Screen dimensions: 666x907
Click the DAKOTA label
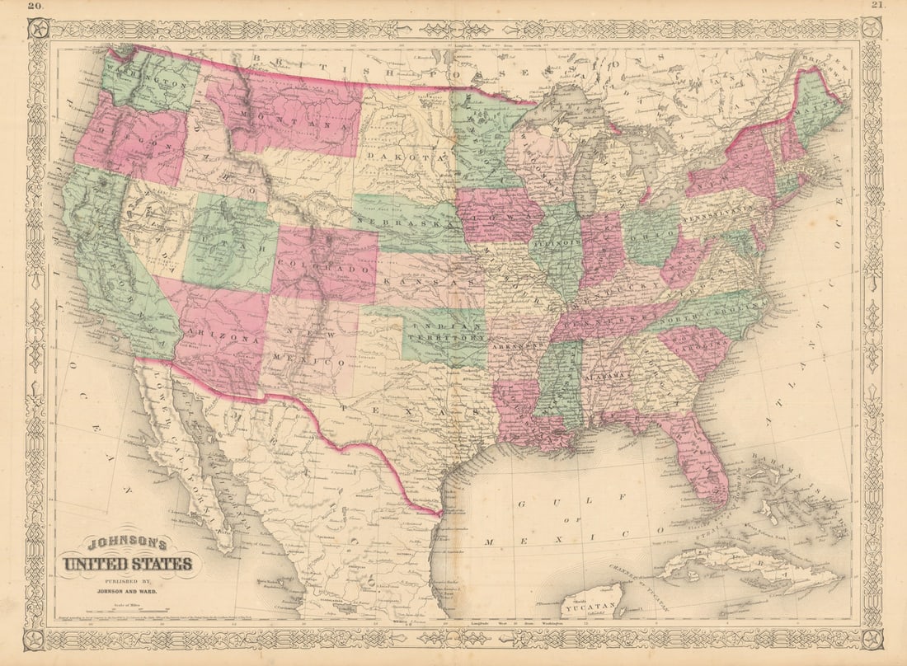pos(401,155)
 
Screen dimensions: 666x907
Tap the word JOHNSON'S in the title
pos(128,544)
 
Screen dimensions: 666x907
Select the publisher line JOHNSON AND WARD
pos(128,591)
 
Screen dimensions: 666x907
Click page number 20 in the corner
pos(36,7)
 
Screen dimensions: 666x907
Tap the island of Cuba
pos(742,565)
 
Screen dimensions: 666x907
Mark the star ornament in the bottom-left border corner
pos(36,639)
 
